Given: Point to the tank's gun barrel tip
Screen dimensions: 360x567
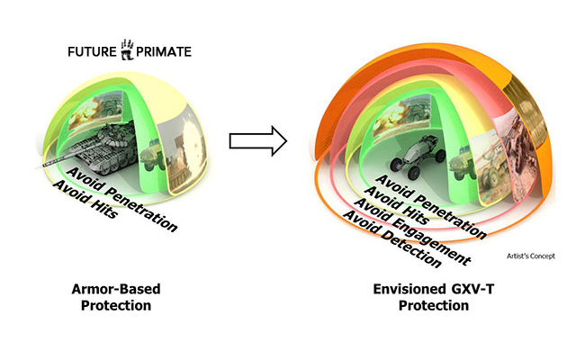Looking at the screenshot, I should tap(40, 167).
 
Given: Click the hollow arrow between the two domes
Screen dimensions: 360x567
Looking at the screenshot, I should tap(257, 140).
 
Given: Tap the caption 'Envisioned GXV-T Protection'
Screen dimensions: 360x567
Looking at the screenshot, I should tap(421, 298).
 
